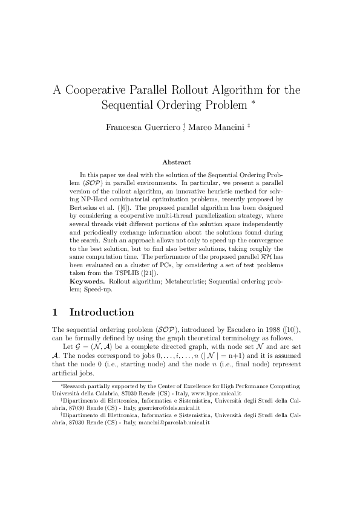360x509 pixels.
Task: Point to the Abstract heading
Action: pos(177,162)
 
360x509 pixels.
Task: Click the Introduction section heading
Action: pos(102,313)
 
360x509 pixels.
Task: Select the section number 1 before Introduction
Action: pos(55,313)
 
